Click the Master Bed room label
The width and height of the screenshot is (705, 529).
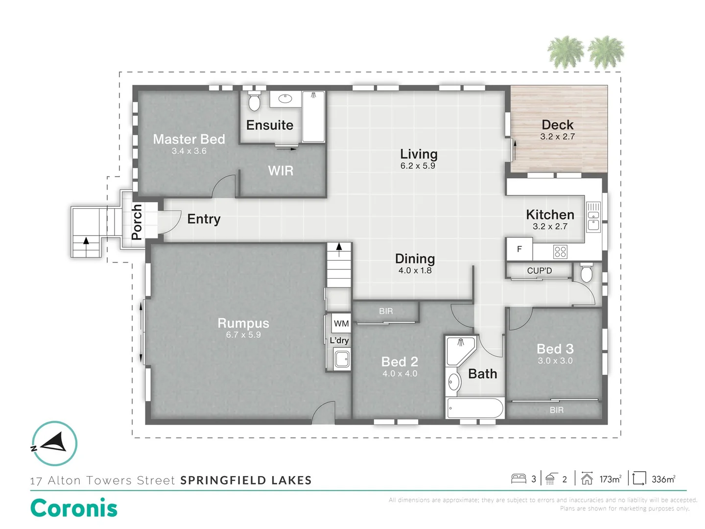pyautogui.click(x=189, y=140)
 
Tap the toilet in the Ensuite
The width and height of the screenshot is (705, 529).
pyautogui.click(x=254, y=101)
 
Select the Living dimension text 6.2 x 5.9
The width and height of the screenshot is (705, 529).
pyautogui.click(x=418, y=166)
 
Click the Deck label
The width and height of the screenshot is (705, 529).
pyautogui.click(x=557, y=125)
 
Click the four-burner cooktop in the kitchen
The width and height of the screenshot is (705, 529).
pyautogui.click(x=560, y=252)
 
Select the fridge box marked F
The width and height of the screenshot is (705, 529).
pyautogui.click(x=519, y=249)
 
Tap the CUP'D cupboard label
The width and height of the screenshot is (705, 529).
pyautogui.click(x=539, y=271)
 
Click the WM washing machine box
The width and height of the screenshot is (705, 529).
pyautogui.click(x=341, y=323)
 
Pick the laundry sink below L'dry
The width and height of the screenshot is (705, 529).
pyautogui.click(x=342, y=359)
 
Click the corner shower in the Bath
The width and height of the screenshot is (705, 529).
pyautogui.click(x=460, y=350)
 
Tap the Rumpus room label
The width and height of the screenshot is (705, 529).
pyautogui.click(x=243, y=323)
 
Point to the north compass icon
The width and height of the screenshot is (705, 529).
pyautogui.click(x=54, y=443)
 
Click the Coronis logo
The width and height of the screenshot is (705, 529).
pyautogui.click(x=74, y=508)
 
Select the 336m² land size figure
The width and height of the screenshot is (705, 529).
pyautogui.click(x=663, y=480)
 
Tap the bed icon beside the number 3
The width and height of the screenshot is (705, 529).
pyautogui.click(x=518, y=479)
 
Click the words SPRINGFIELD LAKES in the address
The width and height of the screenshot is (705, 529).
pyautogui.click(x=246, y=481)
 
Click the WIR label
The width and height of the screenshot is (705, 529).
pyautogui.click(x=281, y=171)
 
